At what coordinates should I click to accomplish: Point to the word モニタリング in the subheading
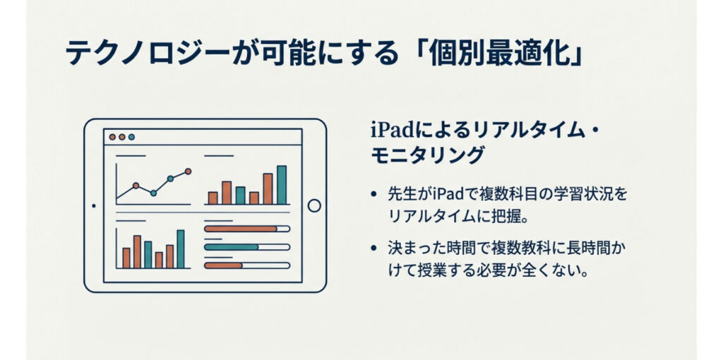(427, 156)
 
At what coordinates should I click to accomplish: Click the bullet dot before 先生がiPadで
(374, 195)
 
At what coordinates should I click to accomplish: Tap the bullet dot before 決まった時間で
(374, 248)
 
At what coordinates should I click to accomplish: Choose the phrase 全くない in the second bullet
(556, 270)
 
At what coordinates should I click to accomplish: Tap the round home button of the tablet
(314, 205)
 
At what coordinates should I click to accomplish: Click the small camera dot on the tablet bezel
(94, 205)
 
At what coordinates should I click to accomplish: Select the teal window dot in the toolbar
(131, 137)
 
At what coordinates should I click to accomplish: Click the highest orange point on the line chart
(188, 171)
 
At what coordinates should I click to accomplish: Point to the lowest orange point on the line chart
(136, 186)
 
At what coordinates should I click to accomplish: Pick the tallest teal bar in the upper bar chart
(282, 185)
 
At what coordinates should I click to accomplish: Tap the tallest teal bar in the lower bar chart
(181, 249)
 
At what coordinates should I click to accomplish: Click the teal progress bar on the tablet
(231, 247)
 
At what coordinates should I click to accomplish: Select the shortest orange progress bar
(223, 265)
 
